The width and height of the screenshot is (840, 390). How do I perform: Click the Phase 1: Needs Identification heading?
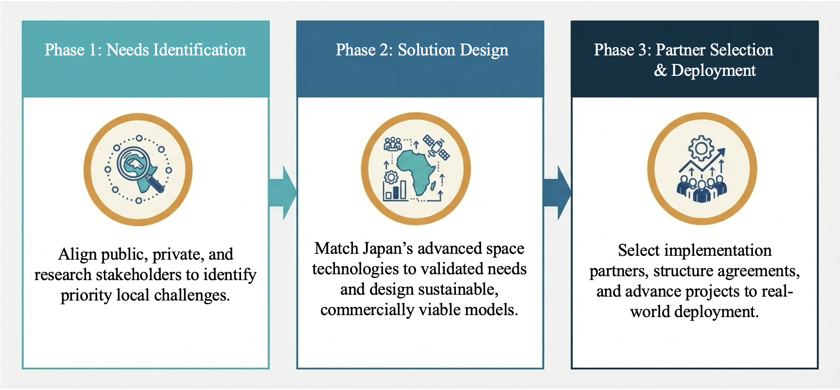click(145, 50)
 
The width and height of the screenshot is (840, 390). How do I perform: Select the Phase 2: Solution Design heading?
click(422, 50)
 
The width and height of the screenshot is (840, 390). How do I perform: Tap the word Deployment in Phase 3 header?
click(714, 71)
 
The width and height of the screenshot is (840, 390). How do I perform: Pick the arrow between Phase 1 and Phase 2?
click(283, 192)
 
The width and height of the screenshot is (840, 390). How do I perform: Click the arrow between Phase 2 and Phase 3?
click(558, 193)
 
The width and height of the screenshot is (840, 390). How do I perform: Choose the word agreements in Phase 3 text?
click(750, 271)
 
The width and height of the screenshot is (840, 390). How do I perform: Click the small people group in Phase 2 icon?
click(393, 144)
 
